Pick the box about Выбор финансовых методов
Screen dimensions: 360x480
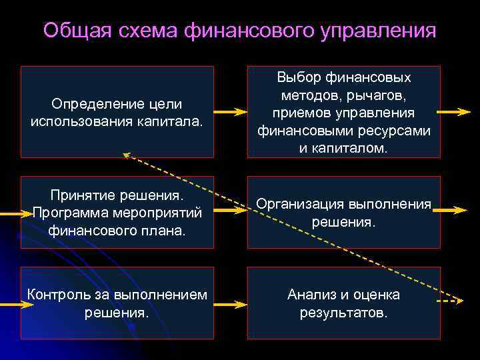point(343,111)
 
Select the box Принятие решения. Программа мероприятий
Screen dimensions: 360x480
point(117,212)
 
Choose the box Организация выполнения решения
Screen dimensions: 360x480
point(343,212)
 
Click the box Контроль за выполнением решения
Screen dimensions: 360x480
point(117,303)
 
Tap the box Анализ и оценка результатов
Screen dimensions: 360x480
point(343,303)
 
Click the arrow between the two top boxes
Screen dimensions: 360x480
point(231,112)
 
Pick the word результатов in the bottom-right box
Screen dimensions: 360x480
point(343,311)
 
